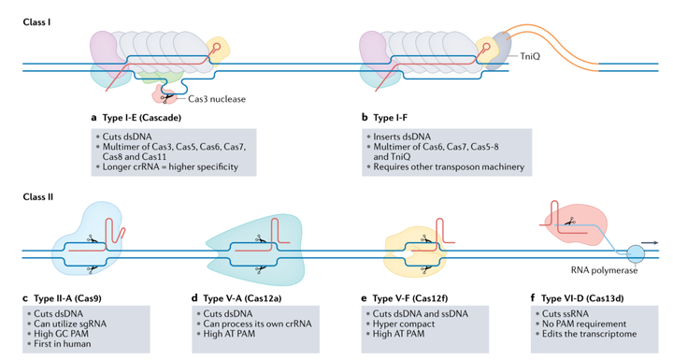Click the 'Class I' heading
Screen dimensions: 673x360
click(36, 22)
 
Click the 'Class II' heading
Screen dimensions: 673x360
click(38, 196)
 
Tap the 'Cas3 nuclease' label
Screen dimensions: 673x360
click(217, 99)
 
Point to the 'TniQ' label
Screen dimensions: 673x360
click(530, 56)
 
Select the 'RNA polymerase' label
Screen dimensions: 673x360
click(604, 270)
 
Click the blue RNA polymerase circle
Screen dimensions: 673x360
click(636, 254)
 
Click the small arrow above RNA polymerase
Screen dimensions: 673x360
click(650, 243)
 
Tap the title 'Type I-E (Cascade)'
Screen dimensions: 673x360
click(142, 117)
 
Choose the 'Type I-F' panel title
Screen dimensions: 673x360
click(390, 117)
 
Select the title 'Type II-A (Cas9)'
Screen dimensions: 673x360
click(67, 298)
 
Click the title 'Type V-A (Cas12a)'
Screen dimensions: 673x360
click(242, 298)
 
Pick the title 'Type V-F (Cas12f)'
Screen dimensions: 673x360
click(410, 298)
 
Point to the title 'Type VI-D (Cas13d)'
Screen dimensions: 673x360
click(582, 298)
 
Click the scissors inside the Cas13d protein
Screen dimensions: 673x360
click(569, 222)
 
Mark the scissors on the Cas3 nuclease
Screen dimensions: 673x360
click(167, 98)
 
